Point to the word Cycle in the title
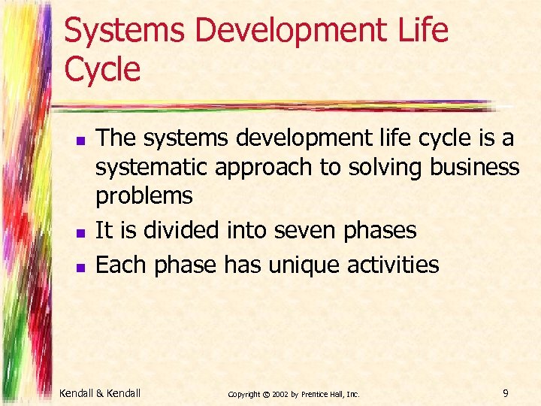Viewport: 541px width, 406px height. point(102,70)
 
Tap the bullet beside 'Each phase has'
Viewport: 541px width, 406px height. point(83,266)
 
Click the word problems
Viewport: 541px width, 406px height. point(144,196)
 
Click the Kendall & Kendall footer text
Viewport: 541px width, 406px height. point(101,391)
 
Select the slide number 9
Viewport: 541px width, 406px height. point(505,391)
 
